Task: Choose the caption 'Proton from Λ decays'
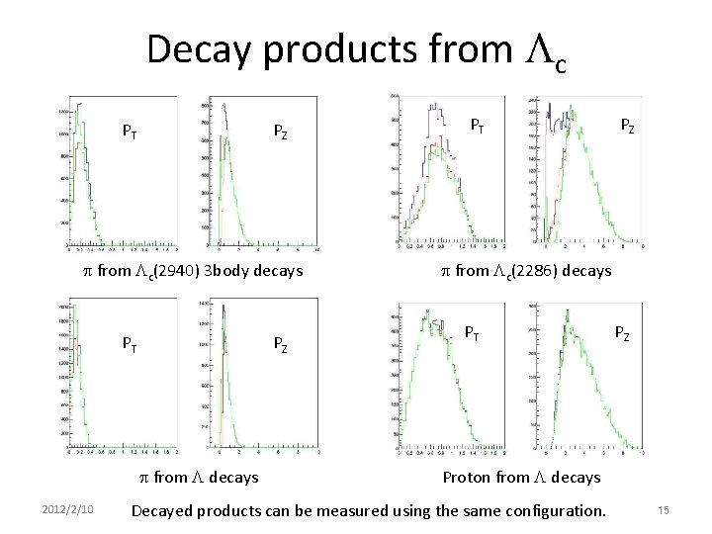521,477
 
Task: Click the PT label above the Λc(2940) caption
130,130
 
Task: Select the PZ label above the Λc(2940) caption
281,130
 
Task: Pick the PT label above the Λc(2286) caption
477,126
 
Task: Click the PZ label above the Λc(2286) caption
627,126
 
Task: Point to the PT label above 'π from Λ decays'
130,343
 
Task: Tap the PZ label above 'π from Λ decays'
281,344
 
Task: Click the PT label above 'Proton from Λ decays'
475,333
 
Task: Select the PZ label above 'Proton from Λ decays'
625,333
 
